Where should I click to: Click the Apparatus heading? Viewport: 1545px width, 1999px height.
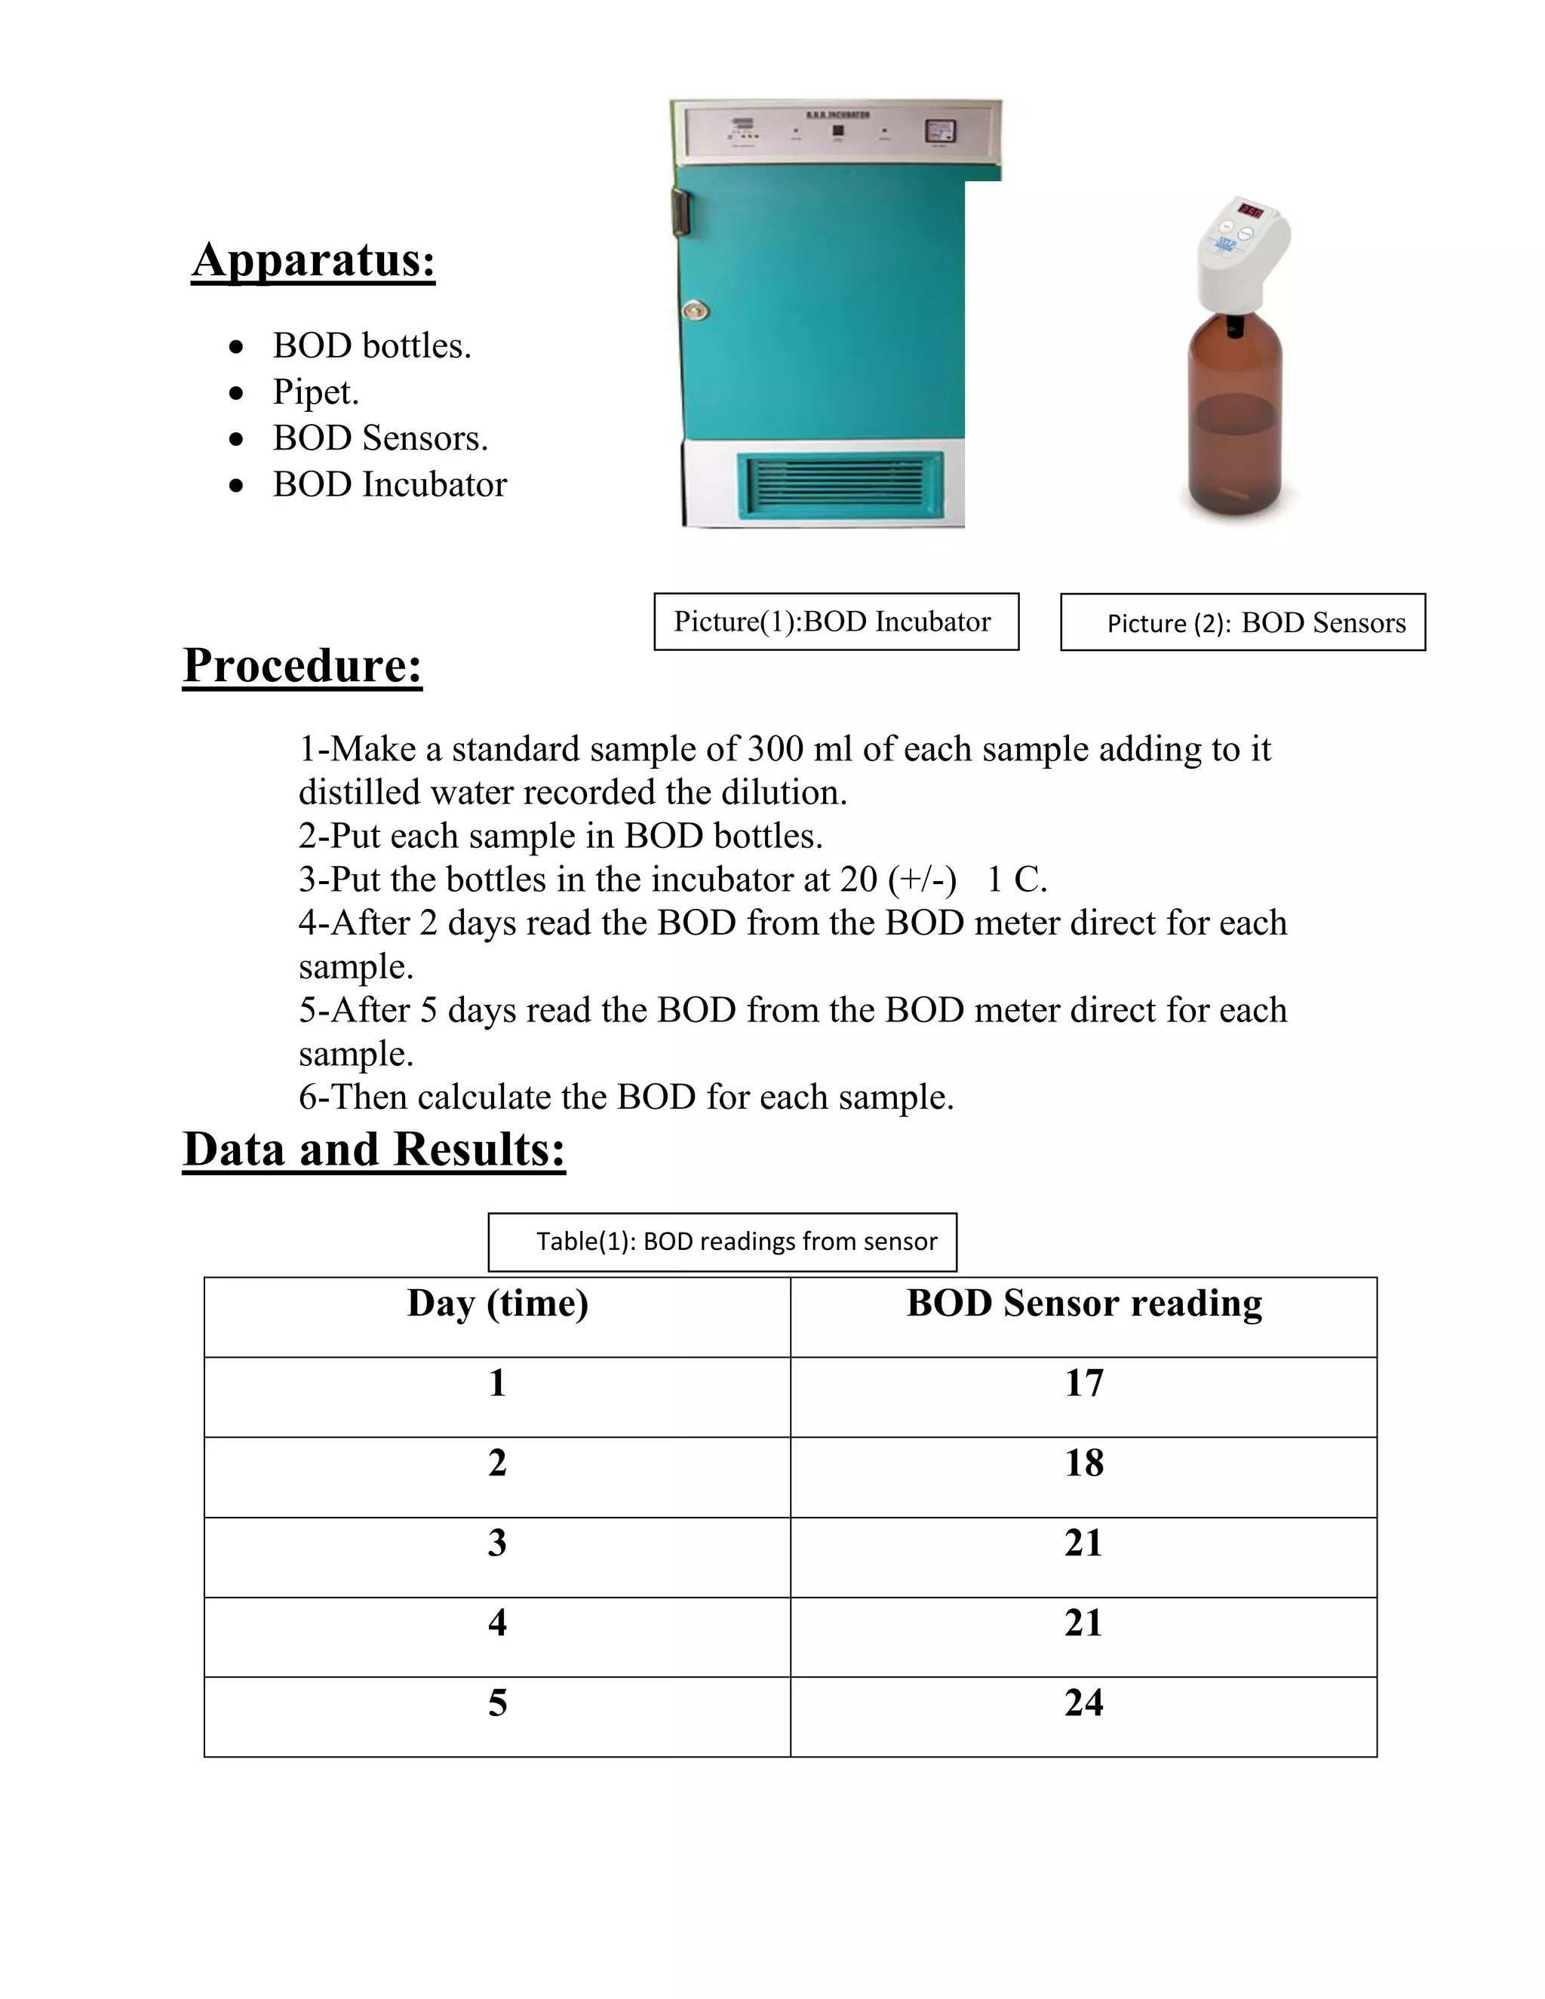point(313,260)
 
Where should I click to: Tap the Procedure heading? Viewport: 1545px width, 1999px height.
point(302,665)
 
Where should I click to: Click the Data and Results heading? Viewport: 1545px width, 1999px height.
point(373,1150)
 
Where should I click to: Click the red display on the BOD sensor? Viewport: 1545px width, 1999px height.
point(1250,211)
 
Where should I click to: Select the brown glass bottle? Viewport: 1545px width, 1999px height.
point(1235,421)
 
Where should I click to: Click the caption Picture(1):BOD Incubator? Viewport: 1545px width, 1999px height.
point(836,622)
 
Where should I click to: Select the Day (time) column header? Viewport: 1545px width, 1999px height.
point(497,1303)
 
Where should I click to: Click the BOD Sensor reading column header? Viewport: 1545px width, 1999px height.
point(1084,1303)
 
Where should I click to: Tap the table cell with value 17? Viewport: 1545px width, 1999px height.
point(1084,1383)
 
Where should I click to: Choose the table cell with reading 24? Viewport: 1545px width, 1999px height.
point(1084,1703)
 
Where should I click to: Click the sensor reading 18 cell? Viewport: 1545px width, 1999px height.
point(1084,1463)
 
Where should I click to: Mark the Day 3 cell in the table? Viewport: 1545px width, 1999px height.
point(497,1543)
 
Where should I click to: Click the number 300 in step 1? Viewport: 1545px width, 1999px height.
point(776,750)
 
